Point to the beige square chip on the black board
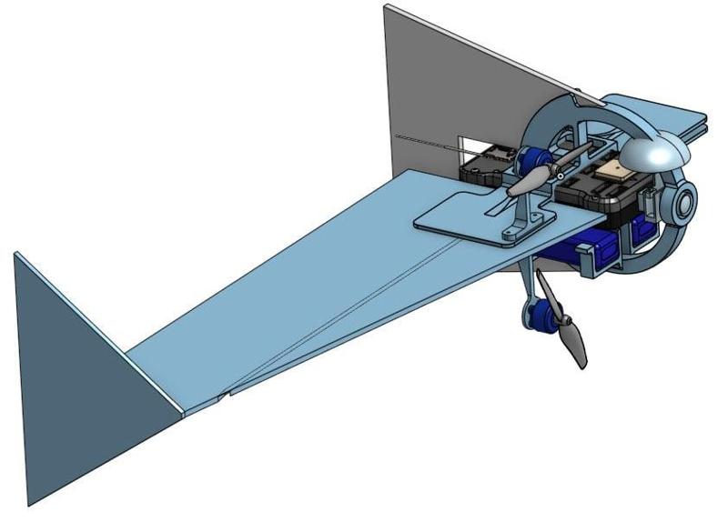pyautogui.click(x=622, y=170)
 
